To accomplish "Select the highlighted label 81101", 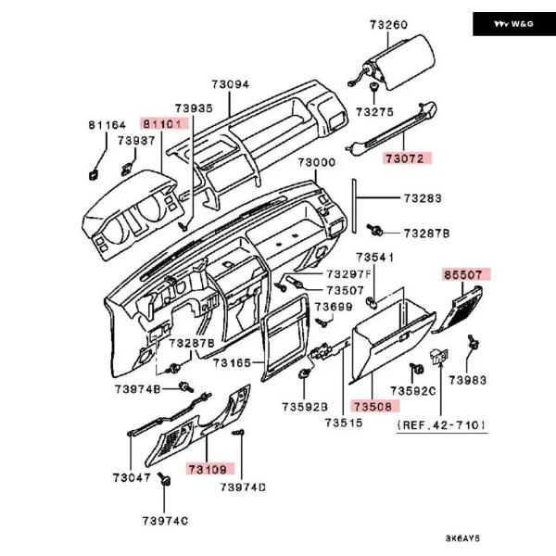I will (x=164, y=123).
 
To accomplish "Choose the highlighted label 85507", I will (x=465, y=275).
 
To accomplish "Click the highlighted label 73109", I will (x=208, y=469).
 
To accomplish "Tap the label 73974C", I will (x=166, y=521).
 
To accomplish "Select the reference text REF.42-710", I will (x=441, y=423).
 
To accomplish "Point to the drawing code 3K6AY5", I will (x=464, y=538).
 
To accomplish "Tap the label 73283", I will (x=422, y=198).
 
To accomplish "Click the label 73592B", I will (x=306, y=406).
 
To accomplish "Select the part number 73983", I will (x=468, y=380).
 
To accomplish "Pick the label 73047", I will (x=132, y=477).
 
